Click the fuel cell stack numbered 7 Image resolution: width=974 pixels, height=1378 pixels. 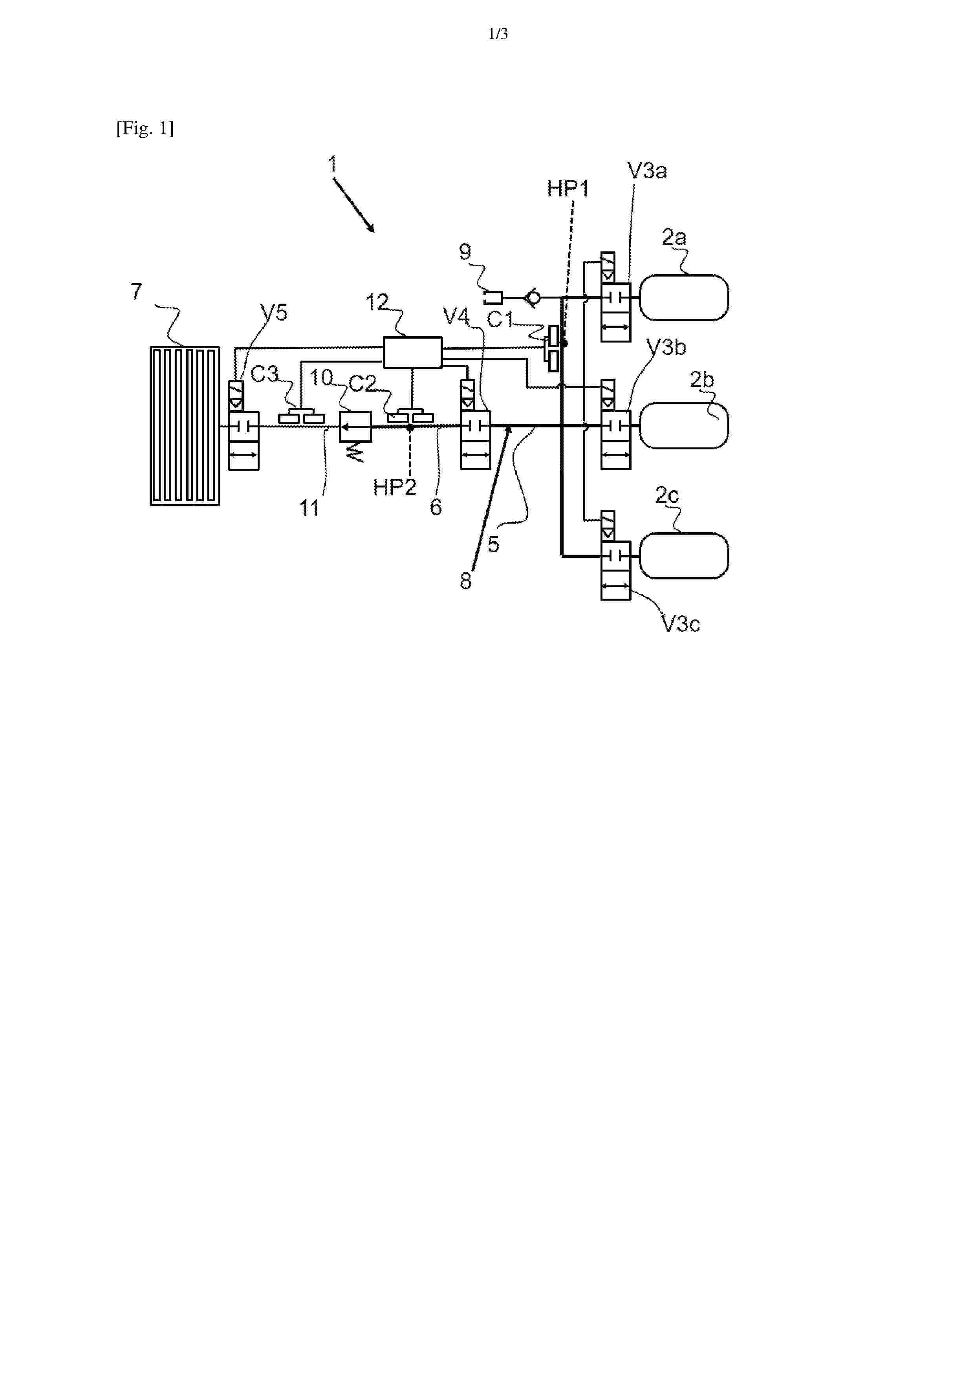tap(185, 426)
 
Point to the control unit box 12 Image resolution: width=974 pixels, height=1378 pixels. tap(412, 352)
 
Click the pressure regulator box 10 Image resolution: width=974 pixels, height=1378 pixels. tap(355, 426)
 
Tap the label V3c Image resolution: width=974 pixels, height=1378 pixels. tap(681, 624)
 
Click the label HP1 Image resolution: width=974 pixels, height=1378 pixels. tap(568, 189)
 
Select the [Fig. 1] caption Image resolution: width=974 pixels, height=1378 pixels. tap(145, 128)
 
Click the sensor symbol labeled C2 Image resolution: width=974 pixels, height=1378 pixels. tap(410, 416)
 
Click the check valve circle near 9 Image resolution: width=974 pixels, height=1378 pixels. tap(532, 297)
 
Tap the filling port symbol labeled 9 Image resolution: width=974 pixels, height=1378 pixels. tap(493, 297)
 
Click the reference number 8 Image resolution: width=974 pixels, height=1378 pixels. tap(466, 581)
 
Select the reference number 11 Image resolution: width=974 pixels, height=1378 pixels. tap(309, 508)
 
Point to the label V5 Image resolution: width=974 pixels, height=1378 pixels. tap(274, 312)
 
